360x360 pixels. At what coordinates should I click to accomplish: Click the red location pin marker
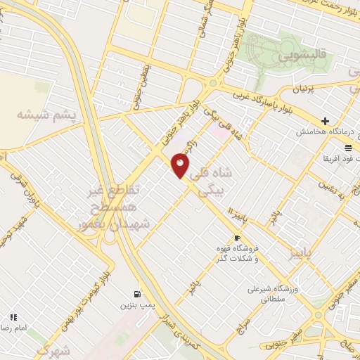click(181, 166)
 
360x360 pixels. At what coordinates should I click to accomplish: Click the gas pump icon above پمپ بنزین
click(134, 294)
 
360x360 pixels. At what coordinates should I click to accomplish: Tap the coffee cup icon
click(236, 238)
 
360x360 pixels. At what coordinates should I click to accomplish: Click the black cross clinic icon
click(325, 120)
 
